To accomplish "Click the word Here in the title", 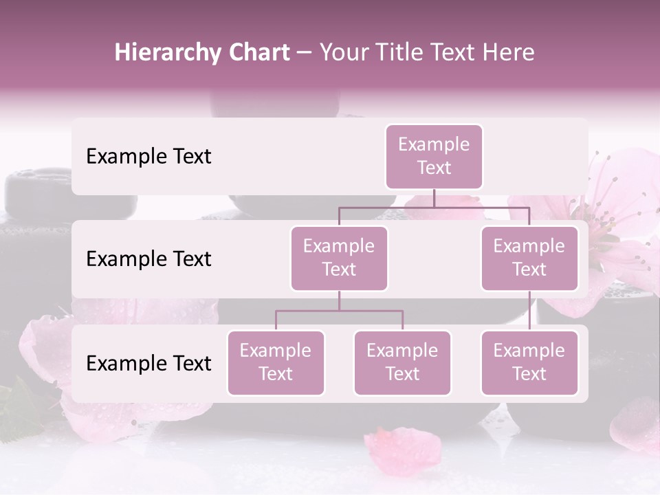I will point(509,53).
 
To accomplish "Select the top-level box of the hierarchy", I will point(434,156).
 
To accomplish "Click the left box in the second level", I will point(339,258).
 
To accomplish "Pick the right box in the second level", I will point(529,258).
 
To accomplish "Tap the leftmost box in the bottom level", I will point(276,362).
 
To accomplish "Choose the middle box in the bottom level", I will point(402,362).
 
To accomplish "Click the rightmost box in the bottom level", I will point(529,362).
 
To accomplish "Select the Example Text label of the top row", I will point(148,157).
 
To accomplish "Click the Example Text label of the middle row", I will point(148,259).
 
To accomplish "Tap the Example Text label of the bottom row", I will point(148,364).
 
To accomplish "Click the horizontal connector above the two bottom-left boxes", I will point(339,311).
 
